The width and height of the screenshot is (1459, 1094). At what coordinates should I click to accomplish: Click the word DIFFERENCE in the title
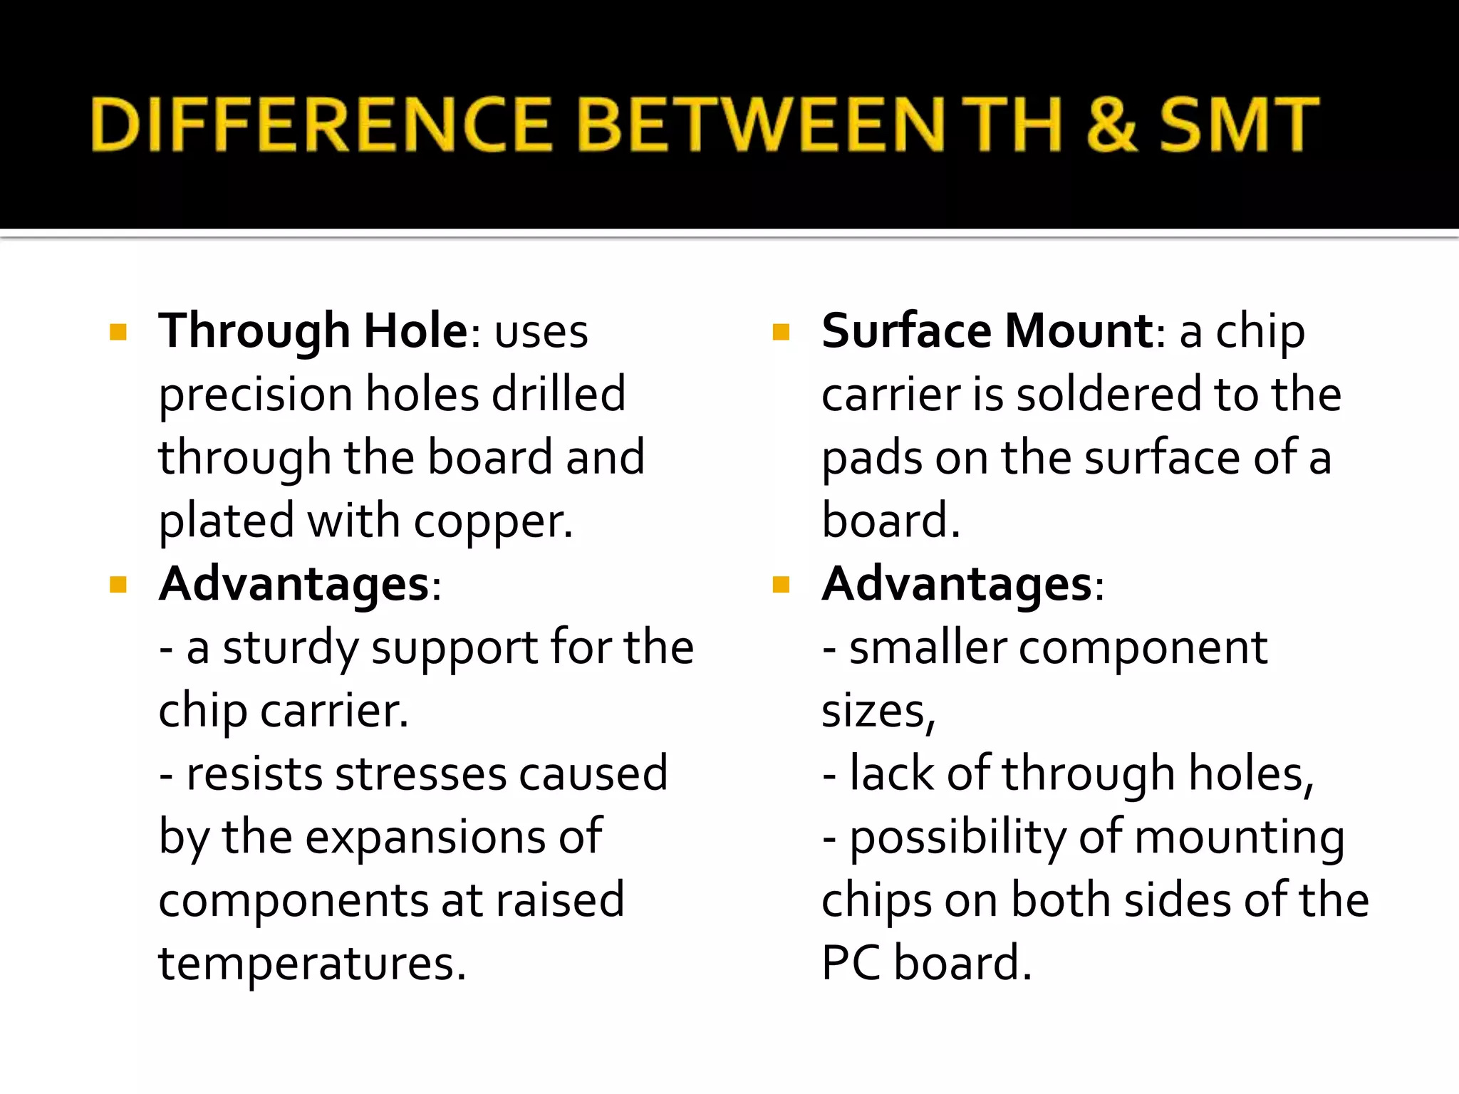tap(321, 125)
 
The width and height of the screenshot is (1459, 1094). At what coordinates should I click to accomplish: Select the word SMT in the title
tap(1240, 125)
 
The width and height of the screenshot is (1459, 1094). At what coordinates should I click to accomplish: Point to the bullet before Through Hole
tap(118, 332)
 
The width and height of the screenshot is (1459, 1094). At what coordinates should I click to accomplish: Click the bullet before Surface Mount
tap(781, 332)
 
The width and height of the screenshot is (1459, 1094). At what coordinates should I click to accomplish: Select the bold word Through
tap(254, 332)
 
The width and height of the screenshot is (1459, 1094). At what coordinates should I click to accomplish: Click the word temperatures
tap(311, 964)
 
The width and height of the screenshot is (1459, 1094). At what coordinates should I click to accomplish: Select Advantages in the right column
tap(957, 585)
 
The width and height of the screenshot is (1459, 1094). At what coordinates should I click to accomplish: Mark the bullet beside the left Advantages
tap(118, 585)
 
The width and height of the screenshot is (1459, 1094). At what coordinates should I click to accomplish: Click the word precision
tap(255, 395)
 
